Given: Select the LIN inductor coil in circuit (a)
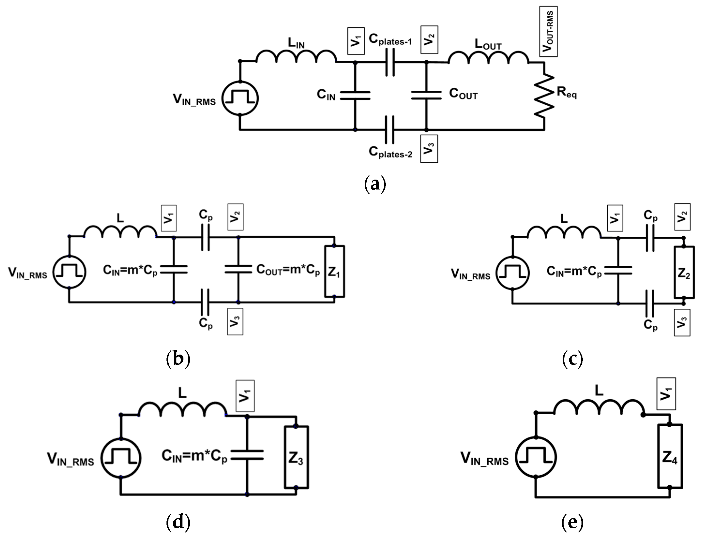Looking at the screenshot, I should tap(296, 57).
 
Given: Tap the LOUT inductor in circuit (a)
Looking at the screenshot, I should tap(488, 58).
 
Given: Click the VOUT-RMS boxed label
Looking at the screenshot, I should tap(548, 31).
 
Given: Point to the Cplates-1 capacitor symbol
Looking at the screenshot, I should tap(390, 63).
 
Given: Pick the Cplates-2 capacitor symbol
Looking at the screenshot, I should tap(390, 130).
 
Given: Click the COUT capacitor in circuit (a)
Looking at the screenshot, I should tap(426, 95).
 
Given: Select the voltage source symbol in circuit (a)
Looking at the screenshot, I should tap(240, 98).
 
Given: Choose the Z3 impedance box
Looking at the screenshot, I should tap(296, 457).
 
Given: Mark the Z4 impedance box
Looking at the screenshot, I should tap(670, 456).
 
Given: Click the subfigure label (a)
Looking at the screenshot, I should tap(375, 184).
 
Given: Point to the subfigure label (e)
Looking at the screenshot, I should tap(572, 523).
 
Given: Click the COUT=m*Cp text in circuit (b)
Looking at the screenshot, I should tap(288, 270).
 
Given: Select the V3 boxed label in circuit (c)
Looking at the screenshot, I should tap(682, 322).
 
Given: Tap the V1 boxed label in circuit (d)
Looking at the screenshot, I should tap(245, 396).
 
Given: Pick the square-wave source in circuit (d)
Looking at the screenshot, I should tap(121, 458).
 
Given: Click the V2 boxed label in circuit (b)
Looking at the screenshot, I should tap(235, 217).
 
